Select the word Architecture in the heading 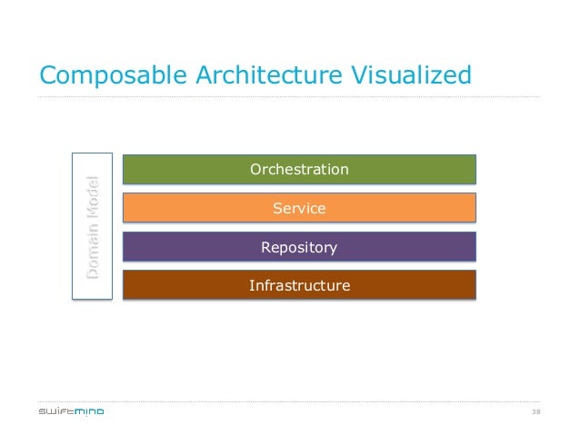(256, 74)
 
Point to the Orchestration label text (299, 170)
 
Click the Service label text (299, 209)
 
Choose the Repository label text (299, 247)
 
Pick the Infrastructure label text (299, 286)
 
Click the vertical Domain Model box (92, 226)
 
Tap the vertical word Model (93, 197)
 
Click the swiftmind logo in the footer (71, 411)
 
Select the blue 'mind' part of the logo (89, 411)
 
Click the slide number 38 (535, 411)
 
